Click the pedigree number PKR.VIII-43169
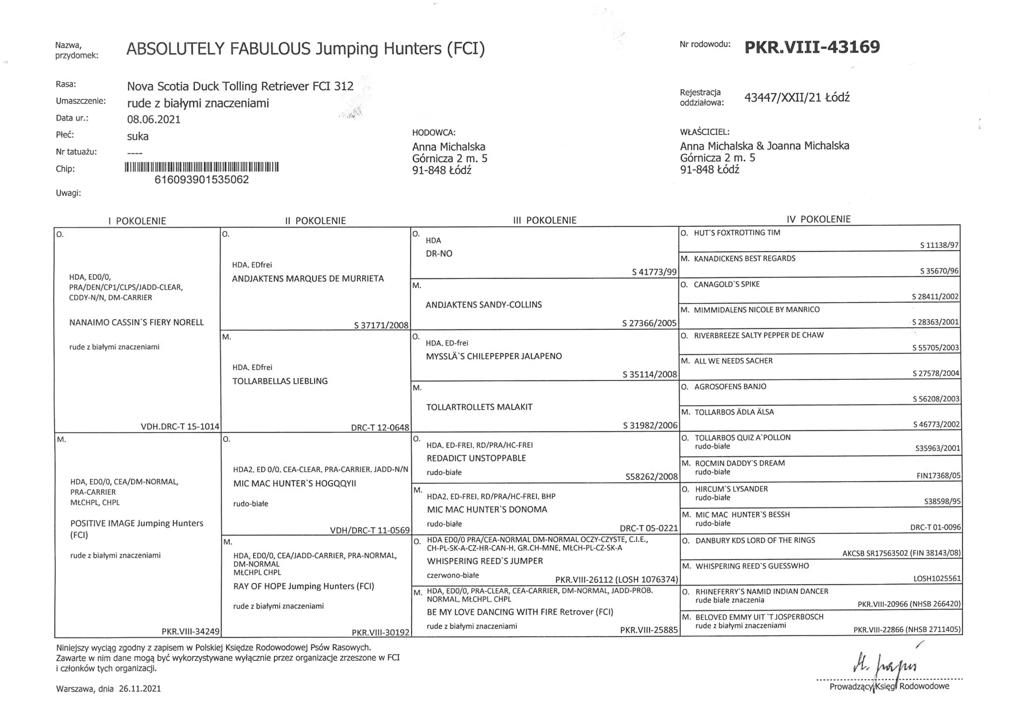pos(812,47)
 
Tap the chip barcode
pos(202,167)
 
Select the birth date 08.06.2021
pos(154,119)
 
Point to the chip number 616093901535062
pos(202,180)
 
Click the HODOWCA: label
pos(434,133)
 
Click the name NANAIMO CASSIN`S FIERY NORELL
pos(137,323)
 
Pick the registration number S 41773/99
pos(654,272)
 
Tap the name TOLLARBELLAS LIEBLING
pos(280,381)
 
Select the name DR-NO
pos(439,253)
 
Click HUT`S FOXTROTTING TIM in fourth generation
pos(737,233)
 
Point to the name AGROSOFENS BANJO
pos(730,386)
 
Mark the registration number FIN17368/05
pos(938,475)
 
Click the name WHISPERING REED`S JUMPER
pos(485,561)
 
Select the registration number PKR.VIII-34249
pos(190,631)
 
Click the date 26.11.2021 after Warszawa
pos(140,689)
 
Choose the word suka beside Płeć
pos(138,136)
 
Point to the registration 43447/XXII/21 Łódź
pos(797,98)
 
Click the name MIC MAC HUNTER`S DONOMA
pos(487,510)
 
